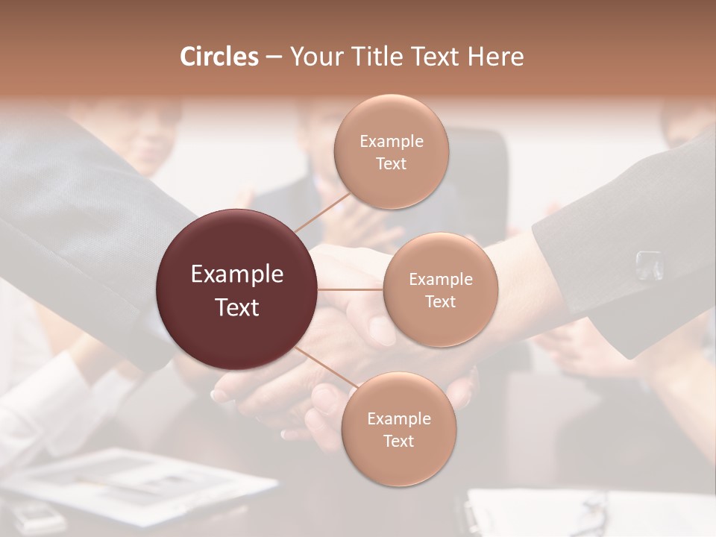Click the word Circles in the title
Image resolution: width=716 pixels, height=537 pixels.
[219, 57]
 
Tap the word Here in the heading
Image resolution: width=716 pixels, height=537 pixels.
[495, 57]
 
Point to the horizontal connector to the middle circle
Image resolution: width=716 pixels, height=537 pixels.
[351, 289]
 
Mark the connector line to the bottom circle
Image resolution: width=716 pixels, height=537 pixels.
[325, 369]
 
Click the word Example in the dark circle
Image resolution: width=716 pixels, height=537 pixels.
[237, 274]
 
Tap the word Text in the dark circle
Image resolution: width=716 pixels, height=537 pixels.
[237, 307]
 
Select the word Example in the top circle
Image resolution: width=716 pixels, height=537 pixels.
[391, 141]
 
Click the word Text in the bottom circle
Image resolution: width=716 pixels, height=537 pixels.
[398, 441]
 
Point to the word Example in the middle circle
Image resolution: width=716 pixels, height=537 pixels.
[440, 280]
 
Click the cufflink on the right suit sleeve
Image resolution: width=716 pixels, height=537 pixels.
[649, 265]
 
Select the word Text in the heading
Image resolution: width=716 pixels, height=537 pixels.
[433, 57]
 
